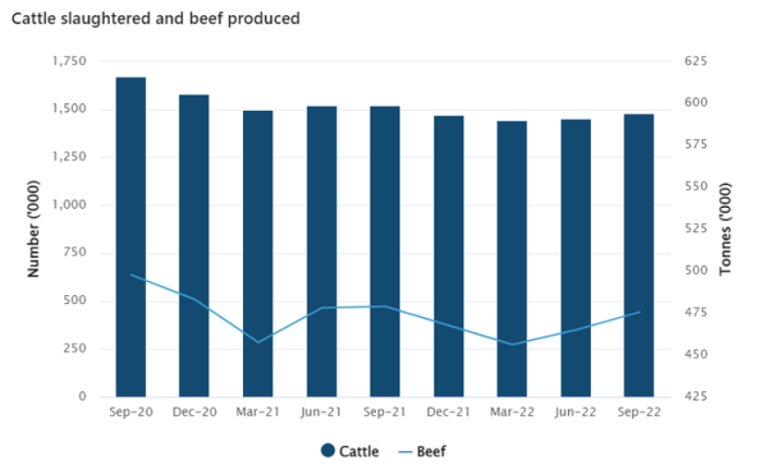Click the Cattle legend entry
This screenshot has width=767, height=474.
tap(350, 451)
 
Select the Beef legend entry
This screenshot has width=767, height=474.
tap(422, 451)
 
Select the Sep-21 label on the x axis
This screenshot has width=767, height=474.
tap(384, 412)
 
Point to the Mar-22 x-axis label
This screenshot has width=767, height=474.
tap(512, 412)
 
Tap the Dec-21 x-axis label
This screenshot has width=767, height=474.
tap(447, 412)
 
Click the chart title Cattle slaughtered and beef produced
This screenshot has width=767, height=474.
tap(155, 19)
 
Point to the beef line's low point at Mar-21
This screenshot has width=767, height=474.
tap(258, 342)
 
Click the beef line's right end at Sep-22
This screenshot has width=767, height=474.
tap(639, 312)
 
